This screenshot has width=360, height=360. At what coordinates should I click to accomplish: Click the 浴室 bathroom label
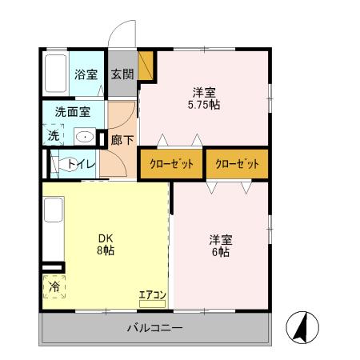coord(86,75)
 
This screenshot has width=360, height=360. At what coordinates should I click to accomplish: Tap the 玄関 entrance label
coord(122,75)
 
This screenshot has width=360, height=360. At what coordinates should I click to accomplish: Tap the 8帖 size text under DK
coord(106,251)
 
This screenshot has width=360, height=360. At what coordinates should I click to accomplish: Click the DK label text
coord(106,238)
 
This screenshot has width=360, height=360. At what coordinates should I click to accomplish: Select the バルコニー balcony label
coord(154,328)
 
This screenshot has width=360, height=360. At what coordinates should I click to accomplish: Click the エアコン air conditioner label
coord(152,295)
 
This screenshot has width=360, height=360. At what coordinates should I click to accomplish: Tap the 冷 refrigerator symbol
coord(54,286)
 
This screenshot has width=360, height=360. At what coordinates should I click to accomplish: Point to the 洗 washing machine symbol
coord(54,135)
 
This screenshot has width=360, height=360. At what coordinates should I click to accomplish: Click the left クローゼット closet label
coord(171,164)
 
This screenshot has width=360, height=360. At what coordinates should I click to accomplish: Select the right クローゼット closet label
coord(237,164)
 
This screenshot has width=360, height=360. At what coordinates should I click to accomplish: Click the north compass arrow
coord(305,324)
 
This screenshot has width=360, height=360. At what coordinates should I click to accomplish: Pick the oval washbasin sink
coord(84,136)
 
